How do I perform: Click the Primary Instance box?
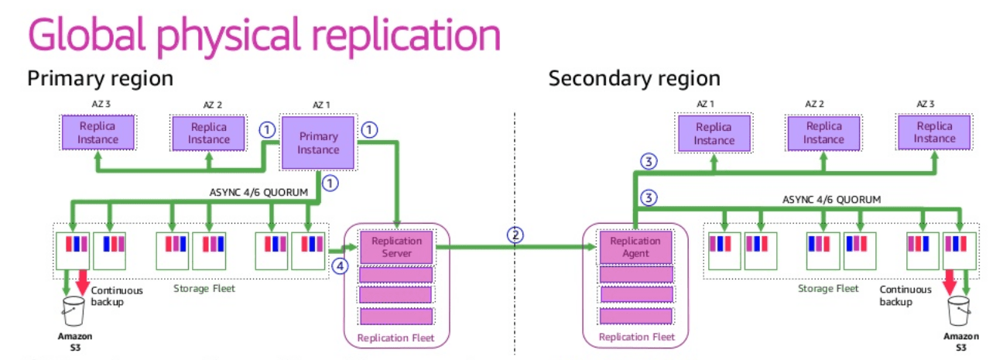(318, 142)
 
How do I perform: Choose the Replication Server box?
(396, 247)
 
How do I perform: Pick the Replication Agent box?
(635, 247)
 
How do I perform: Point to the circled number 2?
(515, 235)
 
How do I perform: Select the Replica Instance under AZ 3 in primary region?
(98, 132)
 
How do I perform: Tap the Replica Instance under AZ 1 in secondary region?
(714, 133)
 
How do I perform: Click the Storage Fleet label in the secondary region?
(828, 289)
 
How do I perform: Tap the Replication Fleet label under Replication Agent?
(636, 337)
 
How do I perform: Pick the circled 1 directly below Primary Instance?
(330, 183)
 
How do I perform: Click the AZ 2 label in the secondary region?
(814, 104)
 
